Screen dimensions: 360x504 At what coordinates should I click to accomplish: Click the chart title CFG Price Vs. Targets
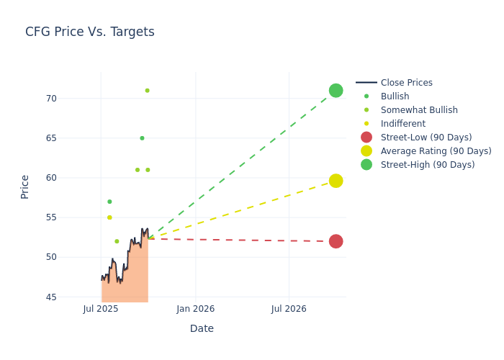click(90, 32)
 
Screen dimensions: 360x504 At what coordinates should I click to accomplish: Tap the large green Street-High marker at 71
click(336, 90)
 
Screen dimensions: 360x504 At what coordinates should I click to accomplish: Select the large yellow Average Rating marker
click(336, 181)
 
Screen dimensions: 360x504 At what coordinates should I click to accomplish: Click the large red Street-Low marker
click(336, 241)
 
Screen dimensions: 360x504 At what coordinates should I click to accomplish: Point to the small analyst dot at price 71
click(147, 91)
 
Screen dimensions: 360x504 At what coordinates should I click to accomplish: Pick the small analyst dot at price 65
click(142, 138)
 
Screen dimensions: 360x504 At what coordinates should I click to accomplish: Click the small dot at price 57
click(109, 202)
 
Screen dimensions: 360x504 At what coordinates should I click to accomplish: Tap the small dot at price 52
click(117, 241)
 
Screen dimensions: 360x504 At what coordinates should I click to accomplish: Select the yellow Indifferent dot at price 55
click(109, 217)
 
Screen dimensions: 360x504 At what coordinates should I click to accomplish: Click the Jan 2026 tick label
click(195, 309)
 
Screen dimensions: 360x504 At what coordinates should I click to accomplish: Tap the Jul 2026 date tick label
click(289, 309)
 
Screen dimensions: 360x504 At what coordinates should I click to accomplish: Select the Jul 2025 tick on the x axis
click(101, 309)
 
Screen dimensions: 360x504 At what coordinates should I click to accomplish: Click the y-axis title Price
click(25, 186)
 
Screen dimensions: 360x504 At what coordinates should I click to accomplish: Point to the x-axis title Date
click(202, 328)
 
